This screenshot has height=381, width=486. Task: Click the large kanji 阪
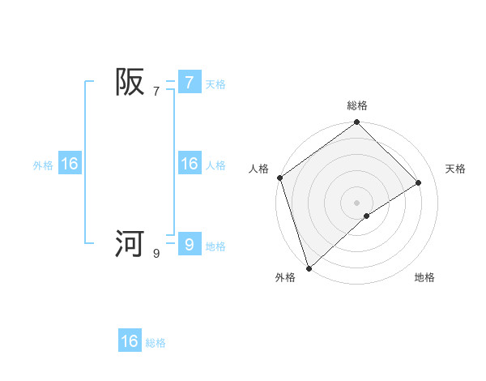click(130, 82)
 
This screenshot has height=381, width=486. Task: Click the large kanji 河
click(130, 243)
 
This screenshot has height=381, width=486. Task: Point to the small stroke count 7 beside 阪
click(156, 92)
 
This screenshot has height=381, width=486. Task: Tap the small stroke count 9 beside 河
click(156, 254)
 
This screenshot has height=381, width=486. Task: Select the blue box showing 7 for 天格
click(189, 82)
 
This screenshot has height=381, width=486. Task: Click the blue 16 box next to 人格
click(189, 164)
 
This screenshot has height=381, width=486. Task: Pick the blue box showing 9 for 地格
click(189, 244)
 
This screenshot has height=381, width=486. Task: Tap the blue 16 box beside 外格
click(70, 164)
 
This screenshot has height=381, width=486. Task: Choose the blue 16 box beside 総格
click(130, 341)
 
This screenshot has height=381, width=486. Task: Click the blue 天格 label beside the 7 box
click(215, 83)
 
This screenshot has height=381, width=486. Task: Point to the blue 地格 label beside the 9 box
click(215, 246)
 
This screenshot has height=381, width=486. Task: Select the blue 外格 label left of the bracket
click(43, 165)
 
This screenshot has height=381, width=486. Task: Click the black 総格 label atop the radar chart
click(356, 105)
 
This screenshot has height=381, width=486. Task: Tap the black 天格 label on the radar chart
click(456, 169)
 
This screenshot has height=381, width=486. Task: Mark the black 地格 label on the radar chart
click(424, 278)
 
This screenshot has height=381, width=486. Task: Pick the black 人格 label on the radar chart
click(258, 169)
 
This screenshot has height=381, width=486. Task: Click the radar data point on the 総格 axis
click(356, 123)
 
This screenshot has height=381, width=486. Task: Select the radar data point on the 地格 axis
click(367, 216)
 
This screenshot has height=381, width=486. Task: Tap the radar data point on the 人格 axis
click(279, 178)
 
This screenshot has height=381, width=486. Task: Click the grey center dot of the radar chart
click(356, 202)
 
